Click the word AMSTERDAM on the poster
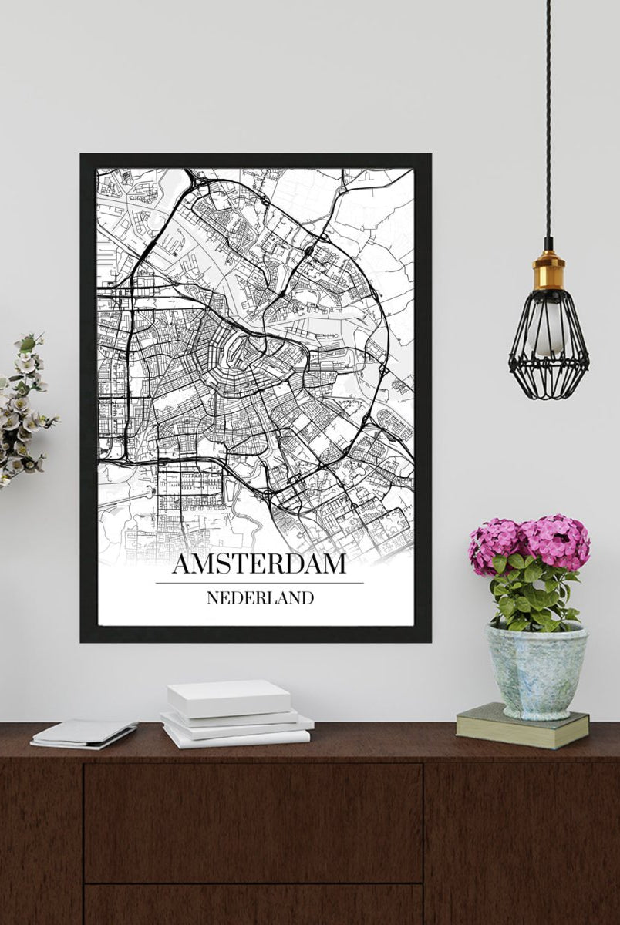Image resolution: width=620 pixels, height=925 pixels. [259, 563]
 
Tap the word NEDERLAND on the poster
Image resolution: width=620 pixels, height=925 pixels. [260, 597]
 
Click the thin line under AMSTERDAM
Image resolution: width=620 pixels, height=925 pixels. [259, 583]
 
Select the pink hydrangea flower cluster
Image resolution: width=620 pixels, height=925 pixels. [531, 541]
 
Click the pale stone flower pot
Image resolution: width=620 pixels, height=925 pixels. [536, 671]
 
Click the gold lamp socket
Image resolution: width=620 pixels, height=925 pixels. [548, 269]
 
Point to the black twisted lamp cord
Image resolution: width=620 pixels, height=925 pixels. [548, 116]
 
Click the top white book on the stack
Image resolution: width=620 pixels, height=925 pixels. [229, 697]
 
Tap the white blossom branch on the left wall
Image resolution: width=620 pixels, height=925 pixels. [23, 409]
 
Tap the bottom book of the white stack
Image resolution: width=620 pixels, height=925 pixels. [235, 737]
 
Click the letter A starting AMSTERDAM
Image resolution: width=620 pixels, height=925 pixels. [181, 563]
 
